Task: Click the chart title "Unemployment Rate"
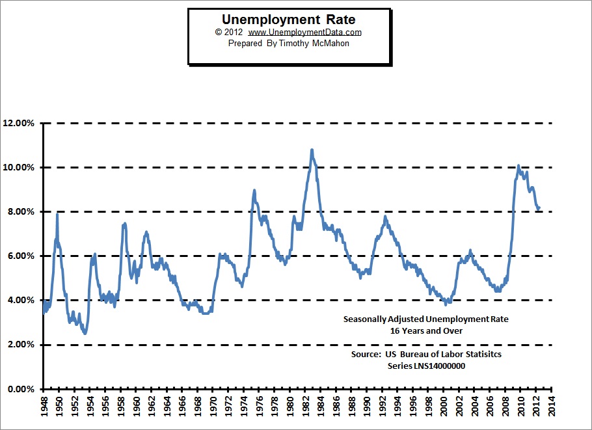(x=288, y=20)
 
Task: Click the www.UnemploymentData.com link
(x=304, y=33)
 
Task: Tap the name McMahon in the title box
(x=330, y=44)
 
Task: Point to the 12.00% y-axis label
(x=18, y=123)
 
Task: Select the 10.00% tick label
(x=18, y=167)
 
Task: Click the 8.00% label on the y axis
(x=21, y=211)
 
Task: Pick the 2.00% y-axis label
(x=21, y=344)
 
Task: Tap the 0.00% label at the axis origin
(x=21, y=389)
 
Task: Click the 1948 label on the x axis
(x=44, y=406)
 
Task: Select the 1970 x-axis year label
(x=213, y=406)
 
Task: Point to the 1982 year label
(x=306, y=406)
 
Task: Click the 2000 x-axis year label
(x=444, y=406)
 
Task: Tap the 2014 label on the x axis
(x=552, y=406)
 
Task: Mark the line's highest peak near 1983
(x=312, y=150)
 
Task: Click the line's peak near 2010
(x=518, y=166)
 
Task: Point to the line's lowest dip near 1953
(x=85, y=333)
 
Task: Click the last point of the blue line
(x=539, y=208)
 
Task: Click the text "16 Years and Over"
(x=426, y=330)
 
